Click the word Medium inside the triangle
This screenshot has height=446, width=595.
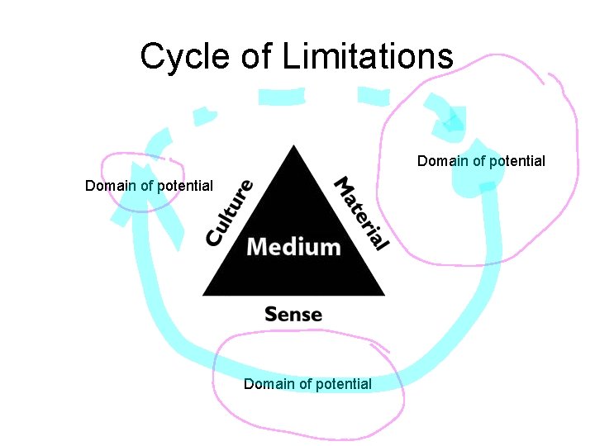293,246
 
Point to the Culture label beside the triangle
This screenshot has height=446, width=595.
229,213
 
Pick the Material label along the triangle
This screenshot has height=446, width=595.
360,213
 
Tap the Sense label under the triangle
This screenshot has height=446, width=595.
293,314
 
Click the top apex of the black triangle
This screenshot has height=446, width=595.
293,147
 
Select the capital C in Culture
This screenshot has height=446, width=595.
215,238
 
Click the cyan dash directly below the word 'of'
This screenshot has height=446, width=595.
275,97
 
